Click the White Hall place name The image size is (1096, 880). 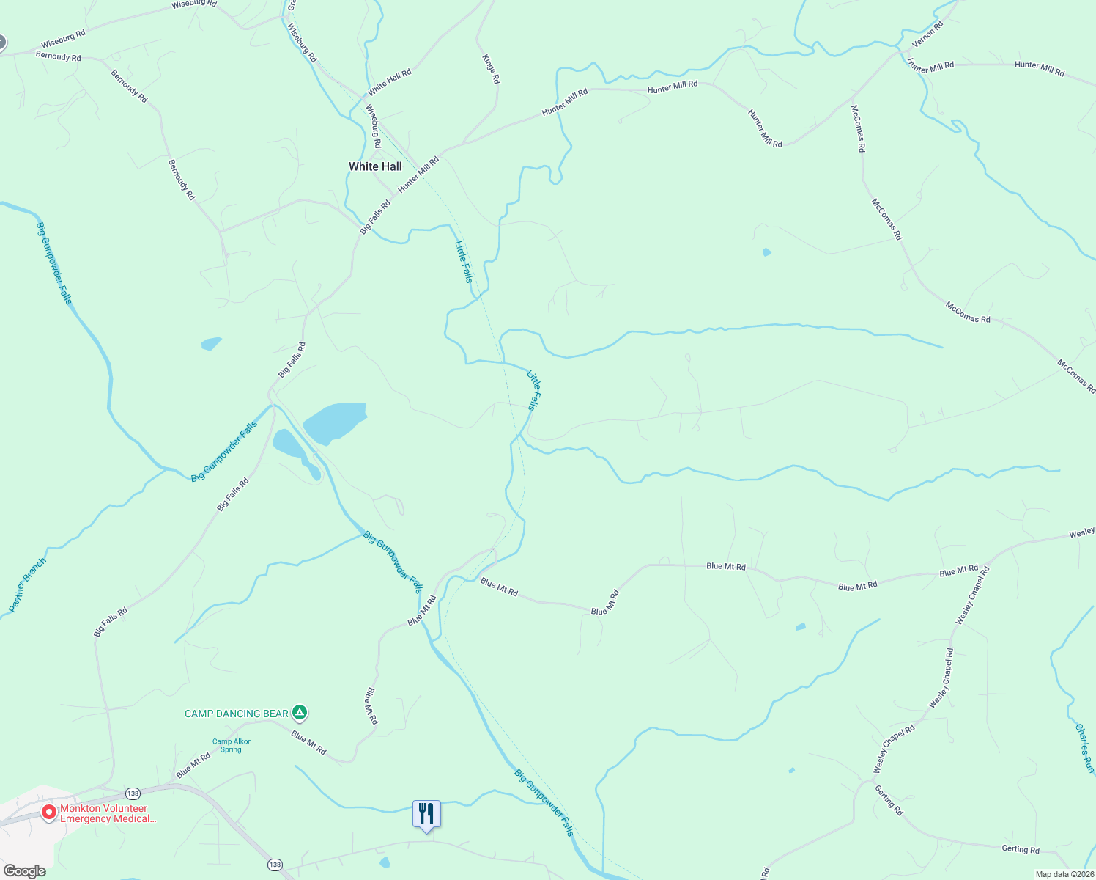[x=375, y=166]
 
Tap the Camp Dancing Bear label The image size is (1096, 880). [x=236, y=714]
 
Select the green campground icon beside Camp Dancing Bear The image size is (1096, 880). [x=299, y=712]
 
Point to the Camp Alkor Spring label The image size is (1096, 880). [x=232, y=745]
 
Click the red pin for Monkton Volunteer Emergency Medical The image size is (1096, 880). [x=49, y=813]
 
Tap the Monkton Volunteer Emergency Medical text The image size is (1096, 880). [x=108, y=813]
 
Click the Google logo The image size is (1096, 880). [x=24, y=871]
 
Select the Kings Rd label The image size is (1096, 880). [x=491, y=68]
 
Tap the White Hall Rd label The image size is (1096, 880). [x=390, y=82]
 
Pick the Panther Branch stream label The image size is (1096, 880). [x=27, y=584]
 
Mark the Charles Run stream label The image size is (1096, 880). [x=1084, y=748]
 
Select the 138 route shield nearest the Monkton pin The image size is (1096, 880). [x=133, y=793]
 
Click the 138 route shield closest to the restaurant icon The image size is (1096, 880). [x=274, y=864]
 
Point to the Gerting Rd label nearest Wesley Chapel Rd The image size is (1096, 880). [x=889, y=800]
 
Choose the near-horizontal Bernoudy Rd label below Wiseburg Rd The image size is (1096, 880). [x=59, y=56]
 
